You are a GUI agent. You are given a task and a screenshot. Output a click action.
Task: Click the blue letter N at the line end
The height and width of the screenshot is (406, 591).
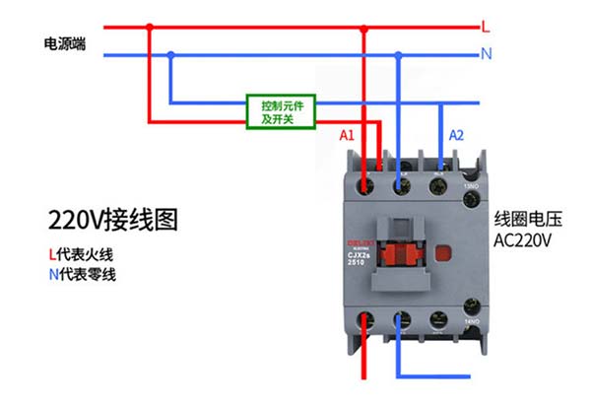[x=486, y=54]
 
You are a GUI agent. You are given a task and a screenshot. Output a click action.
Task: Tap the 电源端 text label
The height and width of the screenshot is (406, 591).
[x=65, y=44]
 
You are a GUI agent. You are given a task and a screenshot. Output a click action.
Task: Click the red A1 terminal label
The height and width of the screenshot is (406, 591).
[x=346, y=135]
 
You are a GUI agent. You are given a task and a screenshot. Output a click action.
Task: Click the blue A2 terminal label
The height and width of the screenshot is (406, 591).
[x=457, y=135]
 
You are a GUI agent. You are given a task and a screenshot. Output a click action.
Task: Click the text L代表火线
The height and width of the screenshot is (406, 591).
[x=83, y=252]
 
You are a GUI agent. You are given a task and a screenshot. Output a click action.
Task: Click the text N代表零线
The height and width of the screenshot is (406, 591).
[x=83, y=274]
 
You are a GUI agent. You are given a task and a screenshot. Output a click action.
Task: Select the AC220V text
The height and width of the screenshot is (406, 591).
[x=523, y=240]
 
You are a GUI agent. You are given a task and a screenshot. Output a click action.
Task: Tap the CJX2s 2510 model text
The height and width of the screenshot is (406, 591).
[x=357, y=259]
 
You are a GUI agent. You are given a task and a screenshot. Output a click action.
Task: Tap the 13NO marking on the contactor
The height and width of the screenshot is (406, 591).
[x=474, y=188]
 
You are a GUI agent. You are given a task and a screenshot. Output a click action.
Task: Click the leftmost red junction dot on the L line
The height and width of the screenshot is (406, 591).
[x=150, y=27]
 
